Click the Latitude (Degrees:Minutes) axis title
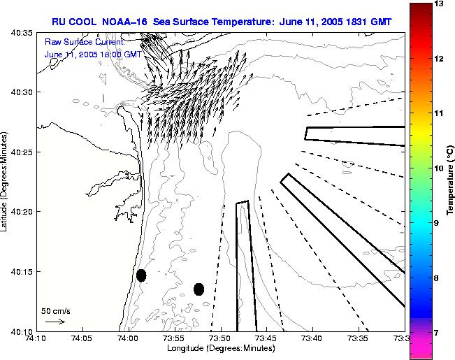[5, 181]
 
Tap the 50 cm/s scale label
[56, 310]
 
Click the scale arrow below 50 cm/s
[55, 322]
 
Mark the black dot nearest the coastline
[141, 275]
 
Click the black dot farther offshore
[198, 289]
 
